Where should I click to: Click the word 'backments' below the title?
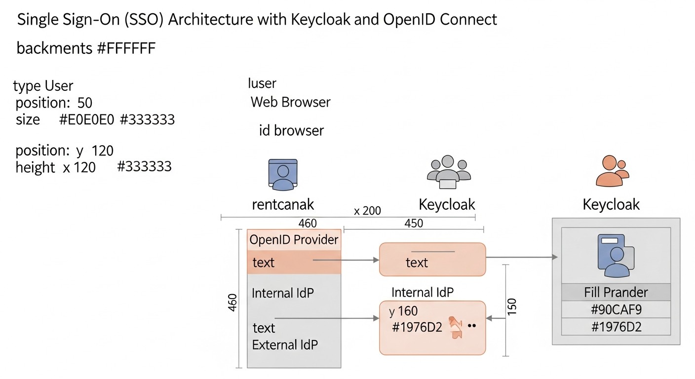[54, 48]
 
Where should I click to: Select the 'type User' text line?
[43, 86]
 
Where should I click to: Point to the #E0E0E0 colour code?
[87, 119]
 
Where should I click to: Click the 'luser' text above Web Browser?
[262, 83]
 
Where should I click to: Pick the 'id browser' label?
[291, 131]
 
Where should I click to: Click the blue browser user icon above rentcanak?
[283, 174]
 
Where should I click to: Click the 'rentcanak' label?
[283, 204]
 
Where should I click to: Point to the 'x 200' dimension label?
[368, 211]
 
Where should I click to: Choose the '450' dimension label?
[413, 223]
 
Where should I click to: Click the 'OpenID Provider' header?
[294, 240]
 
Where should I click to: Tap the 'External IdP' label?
[285, 344]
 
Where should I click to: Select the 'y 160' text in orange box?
[403, 311]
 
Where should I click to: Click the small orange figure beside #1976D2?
[455, 328]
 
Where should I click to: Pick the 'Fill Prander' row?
[616, 292]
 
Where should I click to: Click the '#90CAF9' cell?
[616, 309]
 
